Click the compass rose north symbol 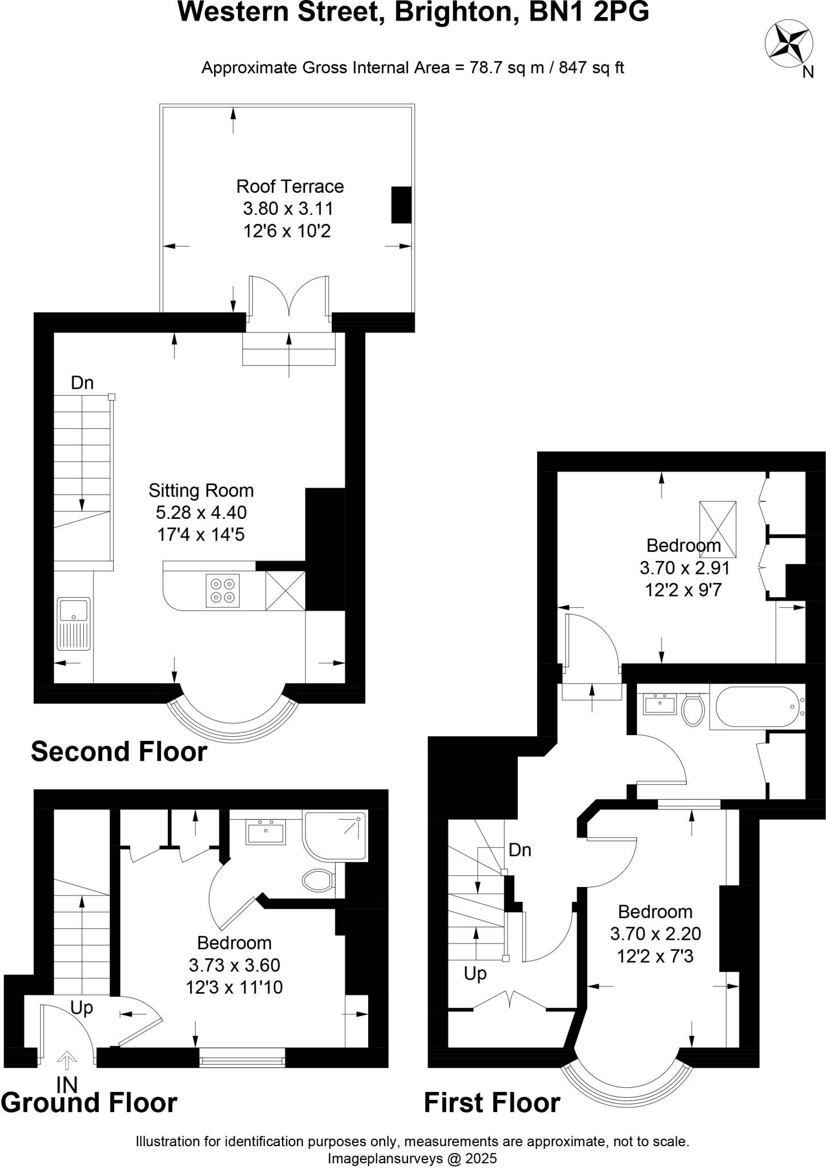coord(789,43)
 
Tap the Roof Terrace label coord(290,187)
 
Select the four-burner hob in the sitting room coord(223,591)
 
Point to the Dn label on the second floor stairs coord(82,382)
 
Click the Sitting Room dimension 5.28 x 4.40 coord(201,512)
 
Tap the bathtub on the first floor coord(756,707)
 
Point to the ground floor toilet coord(318,881)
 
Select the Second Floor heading coord(119,752)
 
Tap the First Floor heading coord(491,1102)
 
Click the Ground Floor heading coord(89,1102)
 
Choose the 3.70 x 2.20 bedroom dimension coord(655,934)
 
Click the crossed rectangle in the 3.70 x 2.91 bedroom coord(718,529)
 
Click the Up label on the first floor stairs coord(475,973)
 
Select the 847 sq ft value coord(591,68)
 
